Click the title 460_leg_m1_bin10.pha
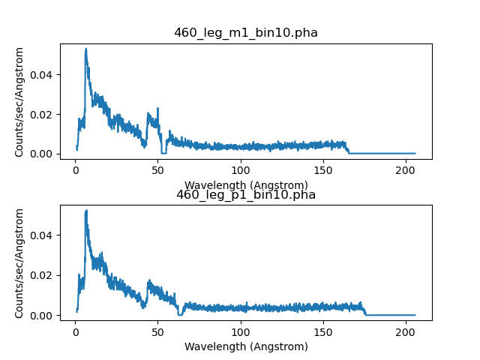pyautogui.click(x=246, y=33)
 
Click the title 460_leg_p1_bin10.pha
pyautogui.click(x=246, y=195)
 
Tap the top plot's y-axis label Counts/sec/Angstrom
pyautogui.click(x=20, y=102)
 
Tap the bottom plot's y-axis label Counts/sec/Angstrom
pyautogui.click(x=20, y=264)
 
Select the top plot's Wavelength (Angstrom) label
pyautogui.click(x=246, y=184)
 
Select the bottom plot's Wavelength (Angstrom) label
pyautogui.click(x=246, y=346)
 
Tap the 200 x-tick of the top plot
pyautogui.click(x=407, y=171)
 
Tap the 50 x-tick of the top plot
pyautogui.click(x=158, y=171)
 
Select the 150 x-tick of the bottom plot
pyautogui.click(x=324, y=333)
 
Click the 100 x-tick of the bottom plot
pyautogui.click(x=241, y=333)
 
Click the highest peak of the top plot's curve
pyautogui.click(x=86, y=49)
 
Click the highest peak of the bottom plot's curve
pyautogui.click(x=86, y=211)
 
